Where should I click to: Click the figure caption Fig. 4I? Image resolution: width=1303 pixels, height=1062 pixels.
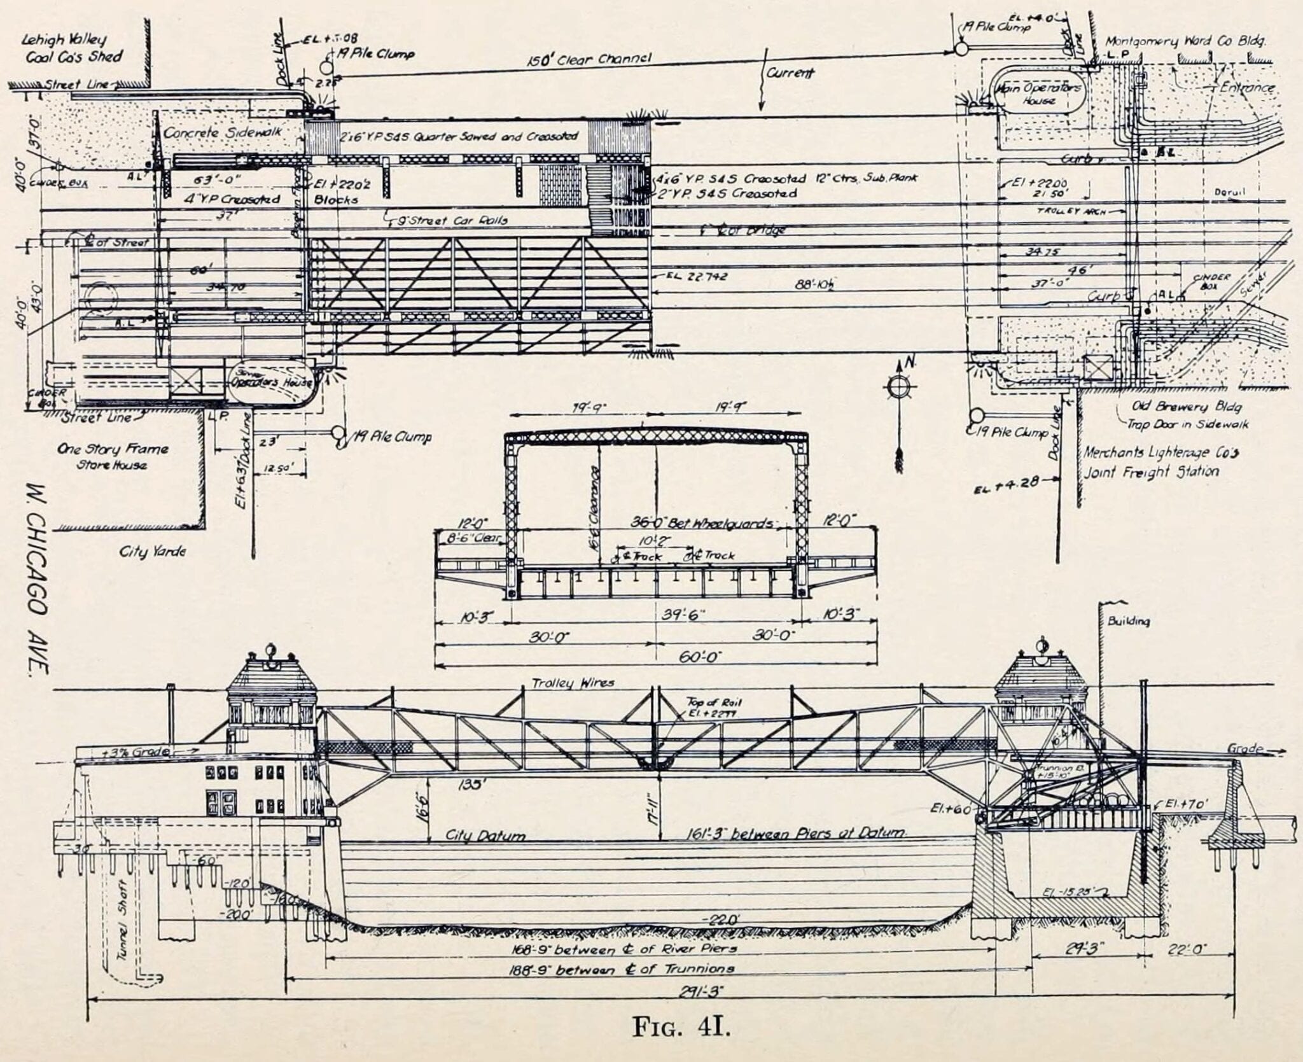(681, 1026)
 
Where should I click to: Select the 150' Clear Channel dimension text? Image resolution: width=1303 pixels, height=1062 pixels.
(589, 59)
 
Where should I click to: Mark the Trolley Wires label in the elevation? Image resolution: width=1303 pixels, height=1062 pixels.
(573, 683)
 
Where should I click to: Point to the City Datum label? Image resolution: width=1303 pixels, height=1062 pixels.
(485, 835)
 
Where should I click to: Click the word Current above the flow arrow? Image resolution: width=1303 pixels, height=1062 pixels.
(790, 73)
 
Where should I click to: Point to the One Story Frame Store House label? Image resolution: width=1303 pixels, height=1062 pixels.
(112, 456)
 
